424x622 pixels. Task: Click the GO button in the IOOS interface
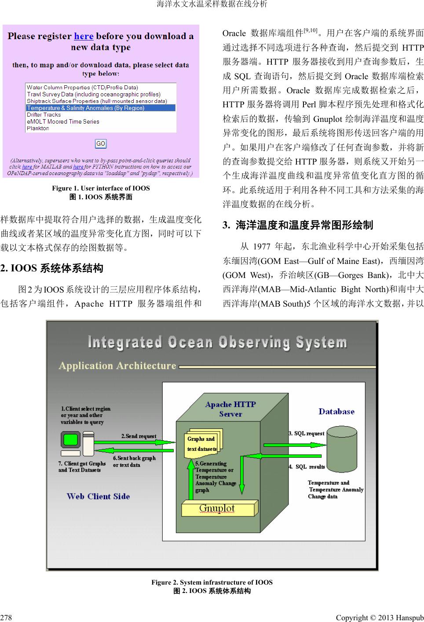[x=101, y=144]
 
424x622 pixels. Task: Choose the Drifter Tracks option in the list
[x=44, y=115]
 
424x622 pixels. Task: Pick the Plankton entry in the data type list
[x=38, y=128]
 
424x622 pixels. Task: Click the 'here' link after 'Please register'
[x=84, y=36]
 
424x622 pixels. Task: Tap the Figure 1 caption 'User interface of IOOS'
[x=101, y=188]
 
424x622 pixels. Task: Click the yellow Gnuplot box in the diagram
[x=218, y=509]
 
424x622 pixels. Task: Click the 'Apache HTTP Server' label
[x=230, y=409]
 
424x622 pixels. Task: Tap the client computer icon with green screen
[x=71, y=440]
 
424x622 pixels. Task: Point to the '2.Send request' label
[x=139, y=436]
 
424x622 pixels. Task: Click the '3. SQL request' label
[x=307, y=433]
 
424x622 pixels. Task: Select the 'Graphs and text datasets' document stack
[x=203, y=443]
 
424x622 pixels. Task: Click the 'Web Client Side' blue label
[x=98, y=496]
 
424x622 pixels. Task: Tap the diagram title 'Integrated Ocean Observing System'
[x=217, y=342]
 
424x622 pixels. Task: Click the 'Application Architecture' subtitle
[x=117, y=366]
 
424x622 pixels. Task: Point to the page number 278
[x=6, y=618]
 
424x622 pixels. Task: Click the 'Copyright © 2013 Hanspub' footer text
[x=380, y=618]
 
